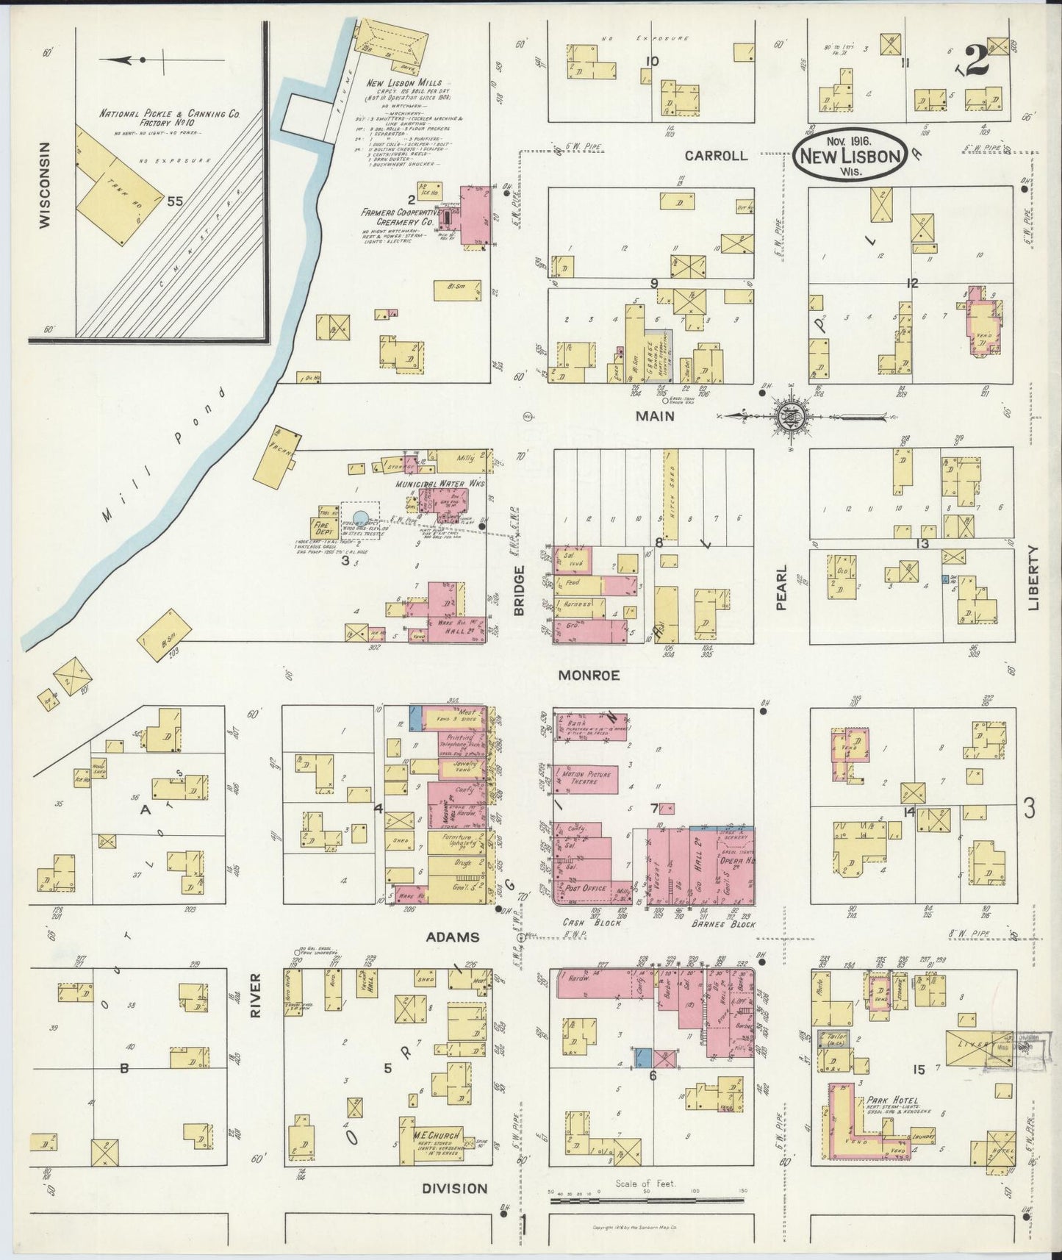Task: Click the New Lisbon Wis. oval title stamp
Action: pos(850,155)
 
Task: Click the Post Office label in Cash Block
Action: pos(585,887)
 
